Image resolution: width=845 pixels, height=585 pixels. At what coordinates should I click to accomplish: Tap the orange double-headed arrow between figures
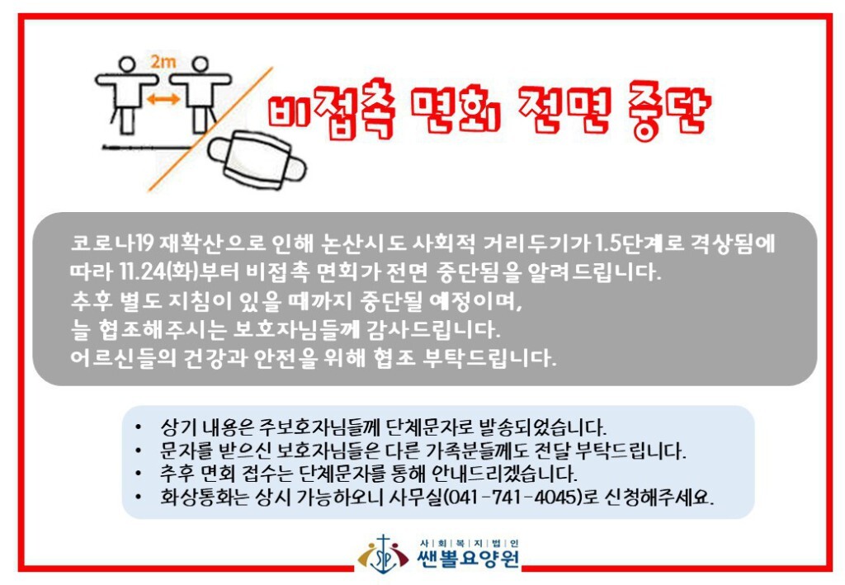point(164,98)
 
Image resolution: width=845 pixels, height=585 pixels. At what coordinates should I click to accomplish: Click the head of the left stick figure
point(126,64)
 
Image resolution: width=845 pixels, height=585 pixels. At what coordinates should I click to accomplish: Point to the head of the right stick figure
point(200,64)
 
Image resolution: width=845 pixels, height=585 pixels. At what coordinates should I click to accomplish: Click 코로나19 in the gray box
point(112,243)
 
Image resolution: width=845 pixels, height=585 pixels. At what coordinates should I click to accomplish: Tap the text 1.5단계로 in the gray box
point(640,243)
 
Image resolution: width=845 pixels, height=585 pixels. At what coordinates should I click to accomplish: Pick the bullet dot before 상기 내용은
point(139,427)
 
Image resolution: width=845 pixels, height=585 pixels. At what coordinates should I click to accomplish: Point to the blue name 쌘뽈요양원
point(469,559)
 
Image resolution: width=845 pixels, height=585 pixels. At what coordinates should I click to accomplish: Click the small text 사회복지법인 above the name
point(469,543)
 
